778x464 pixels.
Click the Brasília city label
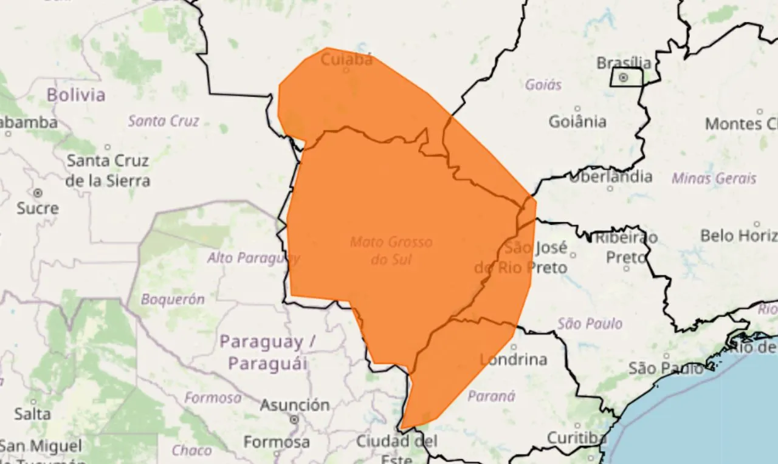pos(624,63)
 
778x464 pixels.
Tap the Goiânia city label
pos(577,121)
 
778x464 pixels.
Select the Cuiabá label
pos(346,60)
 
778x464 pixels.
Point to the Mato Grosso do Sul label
pos(391,251)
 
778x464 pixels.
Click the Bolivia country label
pos(76,95)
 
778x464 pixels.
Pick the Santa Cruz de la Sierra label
pos(108,171)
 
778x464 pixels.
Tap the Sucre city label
pos(38,208)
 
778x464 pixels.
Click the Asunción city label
pos(295,404)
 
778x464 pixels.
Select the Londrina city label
pos(514,360)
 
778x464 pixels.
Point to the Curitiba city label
pos(576,438)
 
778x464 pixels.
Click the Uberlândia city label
pos(610,177)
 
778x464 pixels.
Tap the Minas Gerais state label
pos(714,179)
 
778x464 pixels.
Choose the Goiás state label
pos(543,84)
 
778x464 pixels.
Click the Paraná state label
pos(492,397)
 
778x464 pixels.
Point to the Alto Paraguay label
pos(253,258)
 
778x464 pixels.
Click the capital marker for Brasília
pos(623,78)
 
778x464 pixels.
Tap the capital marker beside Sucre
pos(38,193)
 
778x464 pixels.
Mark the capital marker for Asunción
pos(295,419)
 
